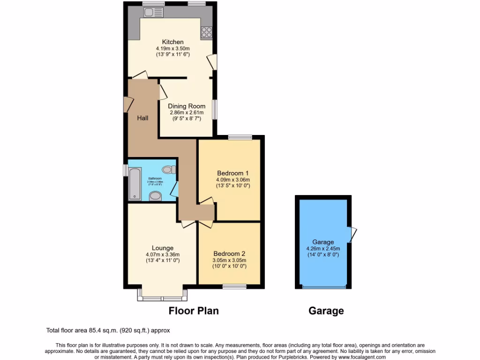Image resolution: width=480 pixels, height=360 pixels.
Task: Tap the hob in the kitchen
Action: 206,32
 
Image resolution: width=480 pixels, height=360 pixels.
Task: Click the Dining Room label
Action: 187,106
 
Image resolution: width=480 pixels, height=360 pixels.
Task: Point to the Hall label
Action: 143,118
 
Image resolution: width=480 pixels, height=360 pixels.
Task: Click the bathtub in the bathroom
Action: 134,184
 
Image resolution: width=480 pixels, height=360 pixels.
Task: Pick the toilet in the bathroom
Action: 167,169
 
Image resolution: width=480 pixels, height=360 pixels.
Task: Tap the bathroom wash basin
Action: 155,196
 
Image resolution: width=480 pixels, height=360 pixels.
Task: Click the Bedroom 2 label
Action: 229,254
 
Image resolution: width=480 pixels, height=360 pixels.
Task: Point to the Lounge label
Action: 163,248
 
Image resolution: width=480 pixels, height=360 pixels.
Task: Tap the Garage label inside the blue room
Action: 323,242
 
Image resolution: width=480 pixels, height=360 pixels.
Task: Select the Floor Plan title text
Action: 194,311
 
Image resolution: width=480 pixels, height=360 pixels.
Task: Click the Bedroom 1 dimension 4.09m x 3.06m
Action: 233,180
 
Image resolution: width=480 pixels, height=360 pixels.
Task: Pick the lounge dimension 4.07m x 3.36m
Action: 163,255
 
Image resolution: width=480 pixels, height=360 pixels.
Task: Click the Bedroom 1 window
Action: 240,137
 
